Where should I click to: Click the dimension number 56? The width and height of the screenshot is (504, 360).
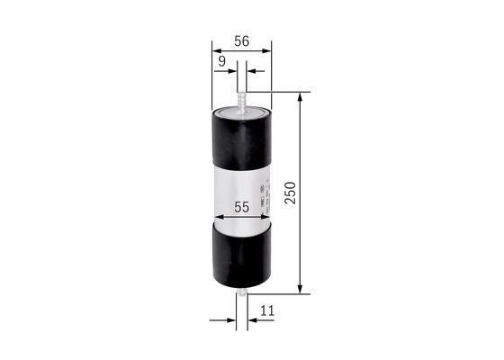tap(241, 41)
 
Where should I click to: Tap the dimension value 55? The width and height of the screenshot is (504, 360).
tap(241, 207)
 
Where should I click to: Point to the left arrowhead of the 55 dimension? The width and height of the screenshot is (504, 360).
tap(216, 218)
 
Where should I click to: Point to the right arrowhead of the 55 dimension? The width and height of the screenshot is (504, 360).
tap(266, 218)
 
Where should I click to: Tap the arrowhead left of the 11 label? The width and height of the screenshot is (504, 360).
tap(230, 319)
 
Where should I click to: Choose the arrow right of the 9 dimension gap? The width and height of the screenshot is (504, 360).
tap(253, 69)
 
